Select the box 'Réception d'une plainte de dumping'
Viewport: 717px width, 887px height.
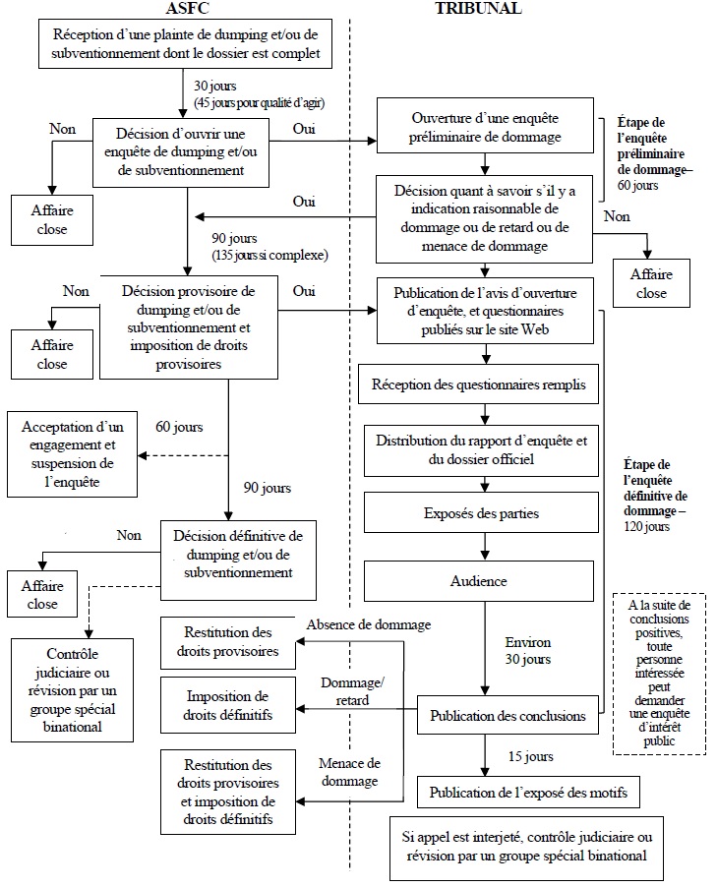coord(179,43)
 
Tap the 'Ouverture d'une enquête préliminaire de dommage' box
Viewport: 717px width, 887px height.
coord(486,128)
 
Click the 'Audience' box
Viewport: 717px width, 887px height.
coord(479,581)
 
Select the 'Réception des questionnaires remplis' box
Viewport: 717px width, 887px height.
coord(479,385)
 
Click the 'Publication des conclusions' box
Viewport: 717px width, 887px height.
coord(508,715)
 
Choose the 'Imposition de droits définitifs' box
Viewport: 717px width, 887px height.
coord(227,705)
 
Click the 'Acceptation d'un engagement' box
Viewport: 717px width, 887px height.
coord(74,456)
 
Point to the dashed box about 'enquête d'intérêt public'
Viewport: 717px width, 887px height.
coord(658,673)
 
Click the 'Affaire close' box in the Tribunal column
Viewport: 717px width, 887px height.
coord(650,283)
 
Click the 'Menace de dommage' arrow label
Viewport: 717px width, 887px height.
coord(349,772)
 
